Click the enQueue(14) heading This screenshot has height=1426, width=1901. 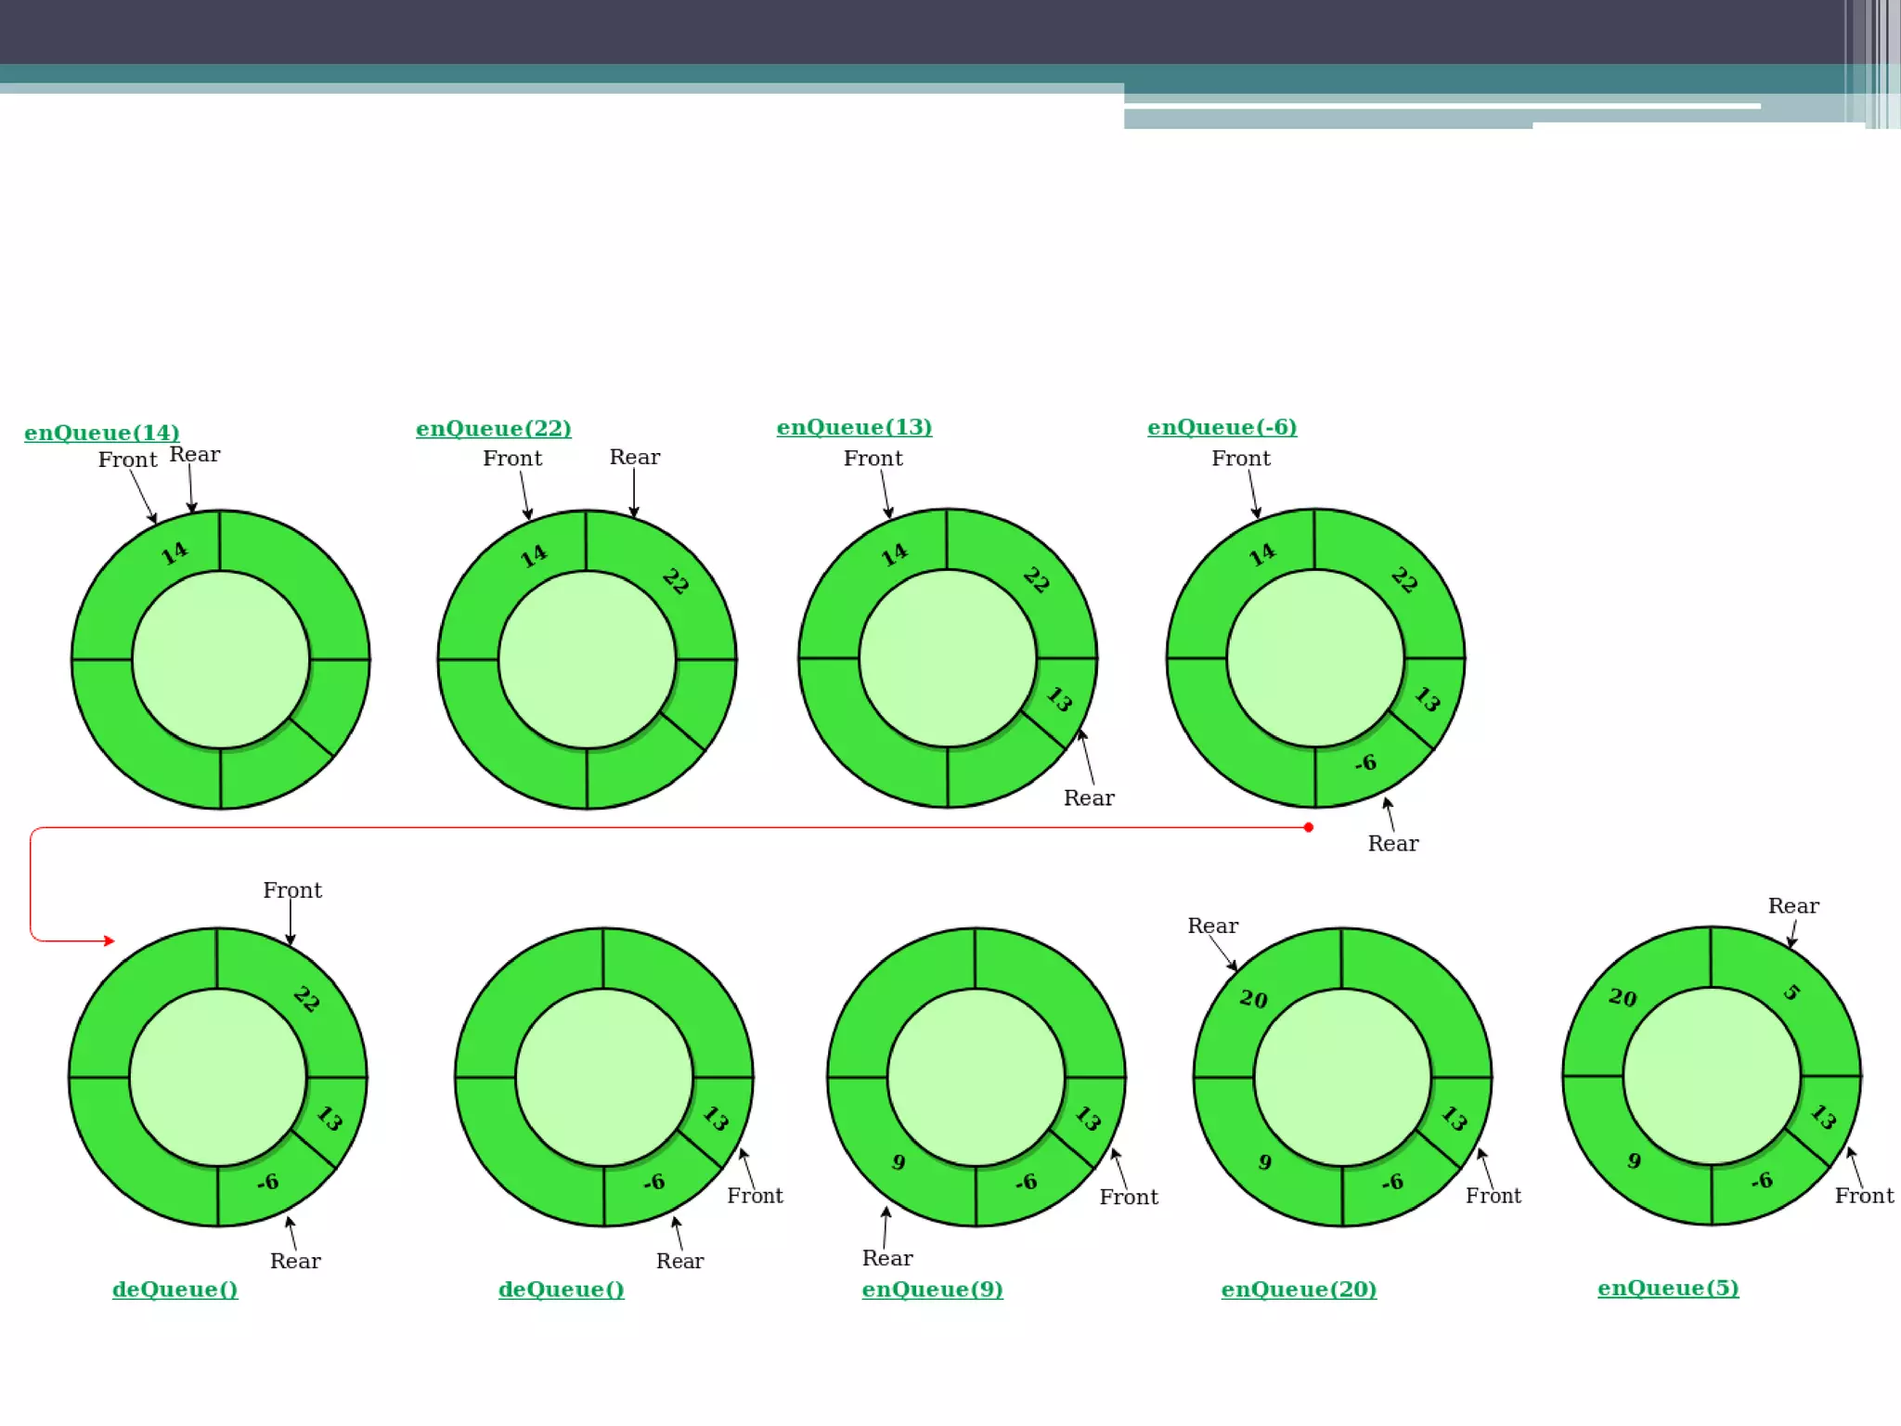102,433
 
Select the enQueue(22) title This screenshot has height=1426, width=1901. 493,428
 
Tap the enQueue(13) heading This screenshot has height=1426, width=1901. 854,427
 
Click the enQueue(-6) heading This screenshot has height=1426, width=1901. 1222,427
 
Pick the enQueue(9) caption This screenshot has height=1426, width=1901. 932,1289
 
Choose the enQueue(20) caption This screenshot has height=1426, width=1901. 1299,1289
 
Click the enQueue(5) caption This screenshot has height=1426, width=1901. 1668,1288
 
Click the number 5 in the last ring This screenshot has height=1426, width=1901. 1791,992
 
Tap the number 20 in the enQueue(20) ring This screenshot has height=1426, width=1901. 1253,999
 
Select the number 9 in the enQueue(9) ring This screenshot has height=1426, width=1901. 898,1162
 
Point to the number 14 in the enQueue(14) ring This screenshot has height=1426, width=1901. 175,553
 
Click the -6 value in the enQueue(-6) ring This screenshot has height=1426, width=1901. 1364,763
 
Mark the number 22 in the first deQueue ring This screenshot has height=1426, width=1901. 306,1000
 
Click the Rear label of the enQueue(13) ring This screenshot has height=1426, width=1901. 1089,798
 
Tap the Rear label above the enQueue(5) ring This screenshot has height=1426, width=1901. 1792,906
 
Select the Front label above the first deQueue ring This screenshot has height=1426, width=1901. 292,890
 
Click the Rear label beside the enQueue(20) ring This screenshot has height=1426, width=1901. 1212,926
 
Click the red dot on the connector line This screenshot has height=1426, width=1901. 1308,827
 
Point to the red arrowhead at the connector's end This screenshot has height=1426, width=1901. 110,940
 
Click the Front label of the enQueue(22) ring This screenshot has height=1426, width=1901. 512,459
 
